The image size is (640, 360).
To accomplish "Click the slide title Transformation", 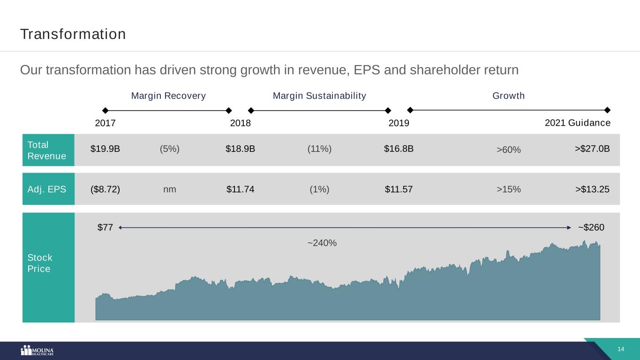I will (x=73, y=34).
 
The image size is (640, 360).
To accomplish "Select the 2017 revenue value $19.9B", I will (x=105, y=149).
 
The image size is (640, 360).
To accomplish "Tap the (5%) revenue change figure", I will (x=170, y=149).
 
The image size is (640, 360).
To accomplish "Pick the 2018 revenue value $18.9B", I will (x=240, y=149).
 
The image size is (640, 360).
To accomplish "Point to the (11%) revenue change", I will (x=319, y=149).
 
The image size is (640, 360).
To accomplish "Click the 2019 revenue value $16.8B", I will (x=399, y=149).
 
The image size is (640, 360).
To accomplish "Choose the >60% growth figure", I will (x=509, y=150).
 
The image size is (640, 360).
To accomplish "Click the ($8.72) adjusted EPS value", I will (x=105, y=189).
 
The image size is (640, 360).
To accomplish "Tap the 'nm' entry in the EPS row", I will (x=170, y=189).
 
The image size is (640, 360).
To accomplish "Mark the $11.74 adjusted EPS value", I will (x=240, y=189).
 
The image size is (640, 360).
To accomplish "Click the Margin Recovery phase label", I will (x=168, y=96).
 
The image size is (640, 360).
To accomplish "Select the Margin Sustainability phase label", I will (x=319, y=96).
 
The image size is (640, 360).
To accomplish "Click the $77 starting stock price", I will (x=105, y=227).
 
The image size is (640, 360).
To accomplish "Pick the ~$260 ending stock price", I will (x=591, y=227).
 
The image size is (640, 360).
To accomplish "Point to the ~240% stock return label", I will (x=322, y=243).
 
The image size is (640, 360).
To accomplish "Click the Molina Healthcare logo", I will (x=38, y=351).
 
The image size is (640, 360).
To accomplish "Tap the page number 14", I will (x=621, y=349).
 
